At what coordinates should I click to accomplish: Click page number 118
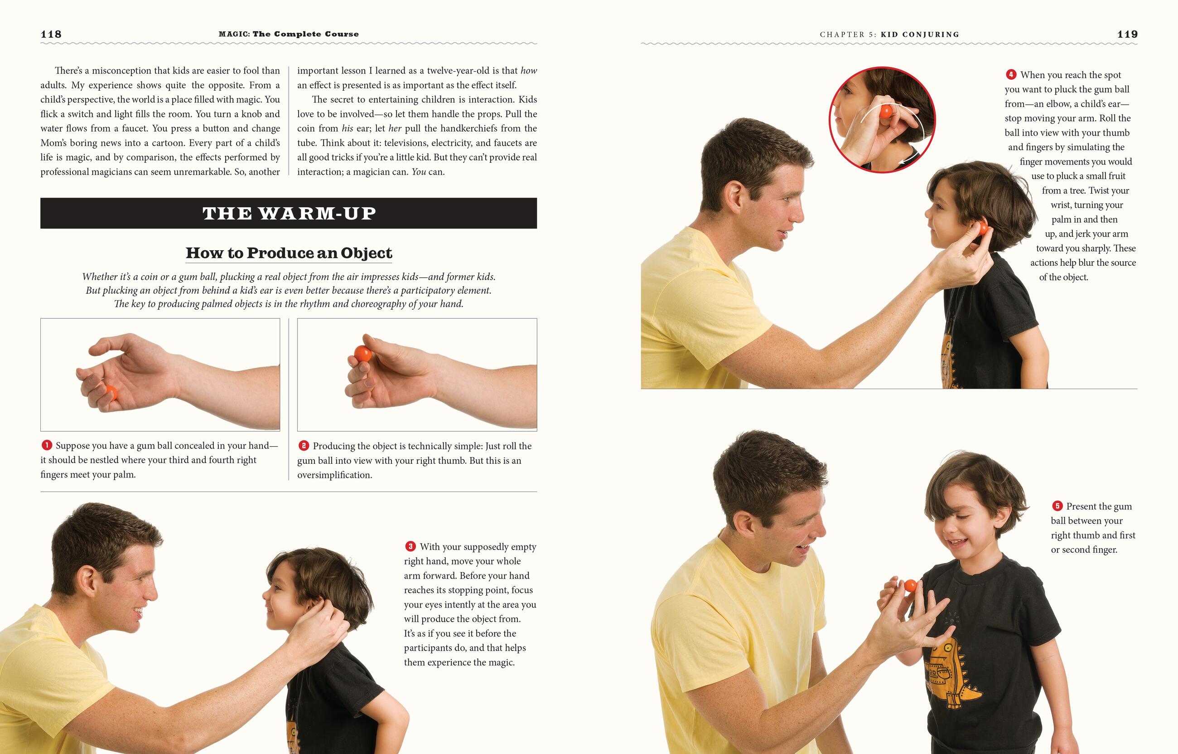pyautogui.click(x=51, y=34)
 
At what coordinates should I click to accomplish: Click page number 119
pyautogui.click(x=1127, y=34)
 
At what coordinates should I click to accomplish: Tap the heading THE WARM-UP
pyautogui.click(x=289, y=214)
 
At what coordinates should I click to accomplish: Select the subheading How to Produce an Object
pyautogui.click(x=289, y=253)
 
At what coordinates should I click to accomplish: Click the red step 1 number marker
pyautogui.click(x=47, y=445)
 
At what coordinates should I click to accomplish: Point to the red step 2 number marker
pyautogui.click(x=303, y=446)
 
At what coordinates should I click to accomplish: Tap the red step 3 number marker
pyautogui.click(x=410, y=546)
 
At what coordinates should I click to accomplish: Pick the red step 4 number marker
pyautogui.click(x=1011, y=74)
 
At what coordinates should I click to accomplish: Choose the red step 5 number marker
pyautogui.click(x=1057, y=506)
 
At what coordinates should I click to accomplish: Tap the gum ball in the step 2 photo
pyautogui.click(x=362, y=354)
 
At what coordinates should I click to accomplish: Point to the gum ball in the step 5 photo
pyautogui.click(x=910, y=585)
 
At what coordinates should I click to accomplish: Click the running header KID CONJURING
pyautogui.click(x=920, y=35)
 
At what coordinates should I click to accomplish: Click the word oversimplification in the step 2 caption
pyautogui.click(x=335, y=475)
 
